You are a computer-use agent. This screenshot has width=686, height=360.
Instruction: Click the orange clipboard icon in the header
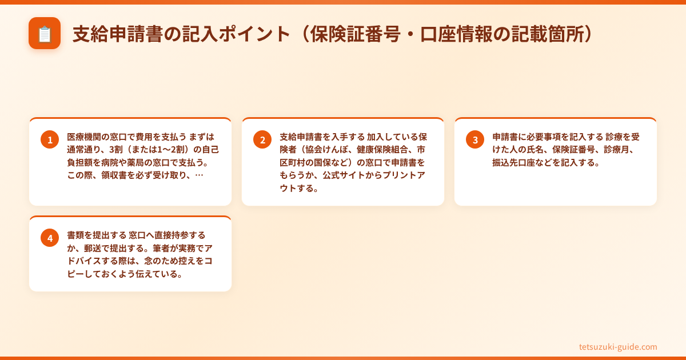pyautogui.click(x=45, y=34)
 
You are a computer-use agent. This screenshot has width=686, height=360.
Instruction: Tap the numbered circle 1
pyautogui.click(x=50, y=139)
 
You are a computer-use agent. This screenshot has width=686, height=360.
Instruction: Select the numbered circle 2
pyautogui.click(x=262, y=139)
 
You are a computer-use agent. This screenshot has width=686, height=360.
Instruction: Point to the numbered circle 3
pyautogui.click(x=475, y=139)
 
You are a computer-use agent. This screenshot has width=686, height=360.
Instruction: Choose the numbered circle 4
pyautogui.click(x=50, y=238)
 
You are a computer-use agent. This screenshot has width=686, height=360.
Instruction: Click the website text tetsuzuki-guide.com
pyautogui.click(x=618, y=347)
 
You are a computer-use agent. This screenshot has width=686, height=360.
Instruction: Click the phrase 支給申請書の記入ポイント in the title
pyautogui.click(x=182, y=34)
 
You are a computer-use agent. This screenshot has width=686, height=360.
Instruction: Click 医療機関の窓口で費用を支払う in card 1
pyautogui.click(x=127, y=137)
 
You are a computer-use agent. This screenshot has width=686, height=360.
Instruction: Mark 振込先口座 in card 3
pyautogui.click(x=515, y=162)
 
